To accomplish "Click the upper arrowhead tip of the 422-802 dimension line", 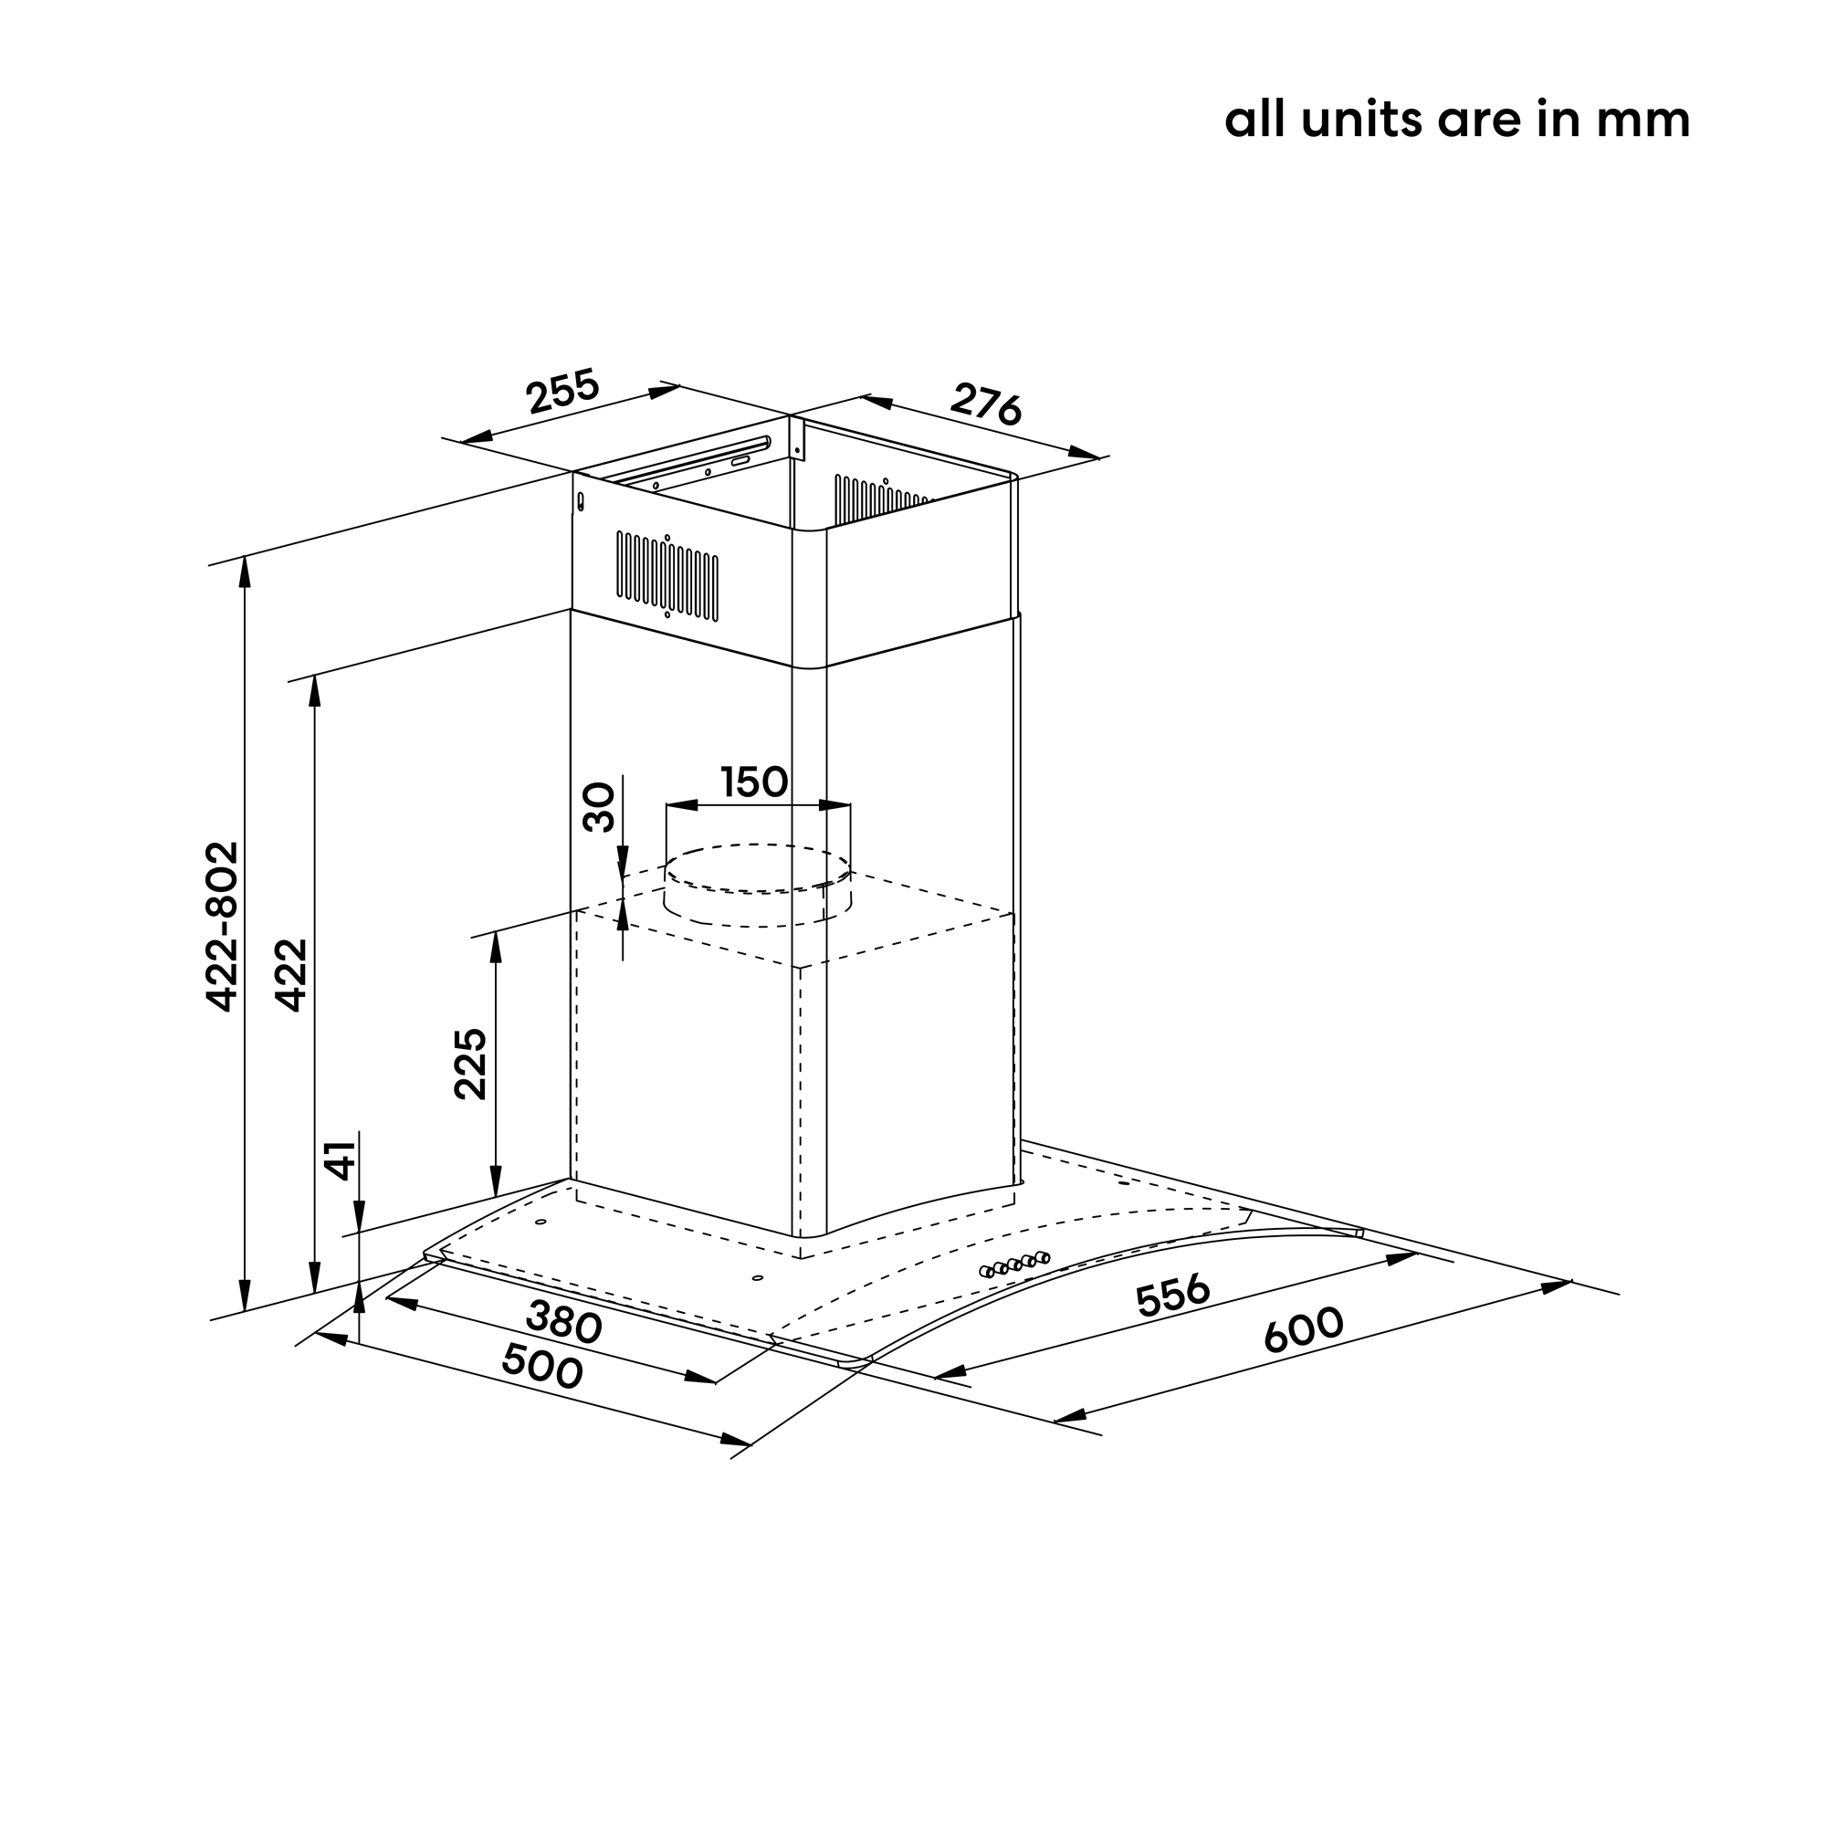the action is point(245,557).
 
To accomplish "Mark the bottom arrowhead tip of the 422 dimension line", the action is point(315,1293).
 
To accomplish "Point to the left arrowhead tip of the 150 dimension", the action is point(666,805).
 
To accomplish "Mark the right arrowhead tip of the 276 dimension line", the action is point(1100,458).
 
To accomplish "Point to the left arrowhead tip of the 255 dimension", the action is point(460,440).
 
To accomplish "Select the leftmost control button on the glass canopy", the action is point(988,1271).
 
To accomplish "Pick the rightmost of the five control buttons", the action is point(1042,1257).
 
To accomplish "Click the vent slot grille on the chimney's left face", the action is point(667,574).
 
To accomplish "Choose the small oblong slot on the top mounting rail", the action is point(740,461).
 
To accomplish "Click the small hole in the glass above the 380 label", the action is point(757,1278).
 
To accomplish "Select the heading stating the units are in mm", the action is point(1456,120).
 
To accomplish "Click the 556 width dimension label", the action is point(1173,1296).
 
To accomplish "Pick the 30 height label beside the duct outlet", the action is point(599,807).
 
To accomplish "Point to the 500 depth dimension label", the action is point(541,1366).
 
